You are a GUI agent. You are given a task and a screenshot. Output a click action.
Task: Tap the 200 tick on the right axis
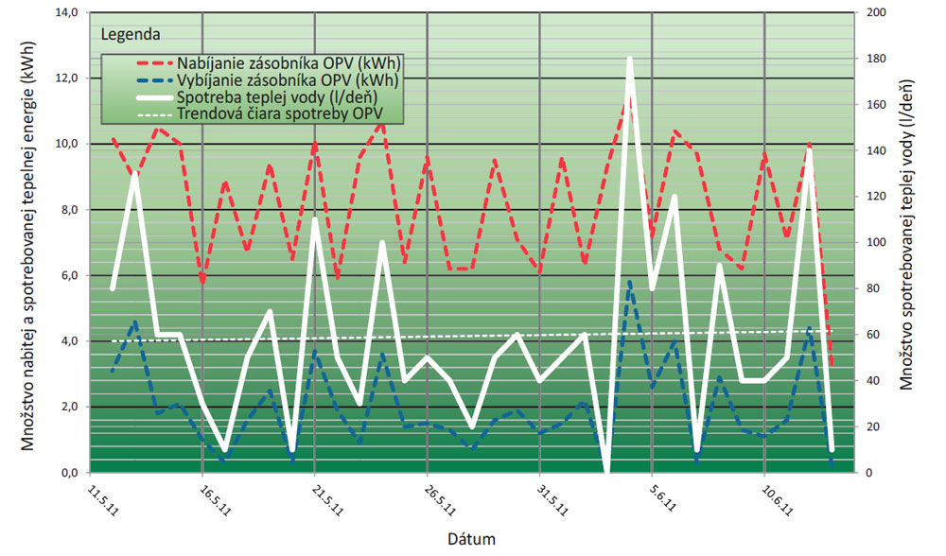pos(870,12)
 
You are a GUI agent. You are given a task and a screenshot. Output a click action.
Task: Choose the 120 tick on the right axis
pos(870,197)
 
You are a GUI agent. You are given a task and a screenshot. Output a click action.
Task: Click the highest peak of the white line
pos(629,59)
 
